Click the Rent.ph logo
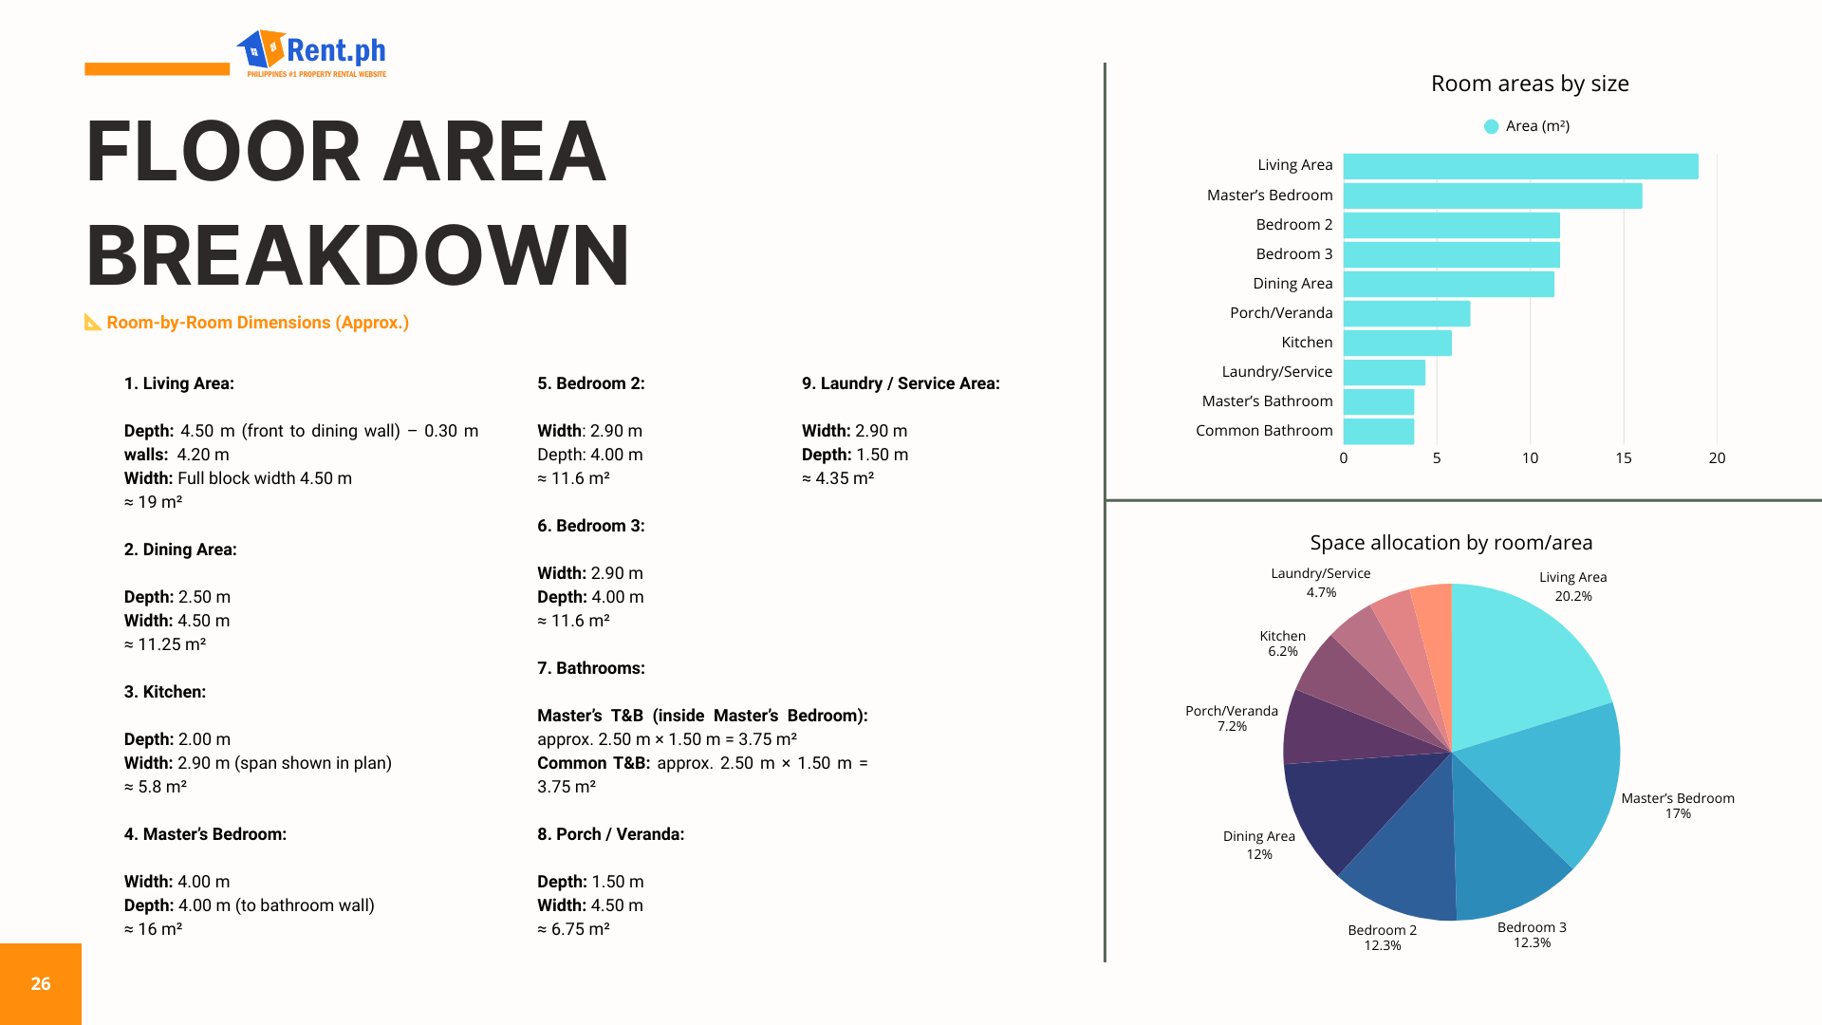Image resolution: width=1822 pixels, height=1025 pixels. [x=313, y=53]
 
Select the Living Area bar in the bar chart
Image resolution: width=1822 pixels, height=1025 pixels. [x=1520, y=166]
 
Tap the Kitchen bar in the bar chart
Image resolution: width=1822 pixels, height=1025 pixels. [x=1397, y=343]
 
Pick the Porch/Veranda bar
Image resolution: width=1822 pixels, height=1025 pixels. [x=1406, y=313]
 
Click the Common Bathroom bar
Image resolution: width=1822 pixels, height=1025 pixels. [x=1378, y=431]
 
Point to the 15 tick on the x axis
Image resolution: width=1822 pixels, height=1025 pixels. [x=1623, y=458]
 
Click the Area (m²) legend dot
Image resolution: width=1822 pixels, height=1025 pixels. [x=1491, y=126]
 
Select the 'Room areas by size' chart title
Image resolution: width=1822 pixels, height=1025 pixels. [x=1530, y=84]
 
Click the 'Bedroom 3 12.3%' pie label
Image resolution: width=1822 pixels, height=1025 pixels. [x=1532, y=935]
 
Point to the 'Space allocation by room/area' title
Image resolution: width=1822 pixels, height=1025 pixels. [x=1451, y=543]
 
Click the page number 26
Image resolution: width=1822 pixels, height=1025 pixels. [x=41, y=984]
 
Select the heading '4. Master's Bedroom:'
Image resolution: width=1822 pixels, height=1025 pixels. [x=205, y=834]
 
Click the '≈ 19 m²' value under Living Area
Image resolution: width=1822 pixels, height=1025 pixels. [x=153, y=502]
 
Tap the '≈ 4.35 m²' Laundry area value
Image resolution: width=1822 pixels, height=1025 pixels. [x=838, y=478]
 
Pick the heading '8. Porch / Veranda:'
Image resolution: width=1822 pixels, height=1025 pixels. [x=610, y=834]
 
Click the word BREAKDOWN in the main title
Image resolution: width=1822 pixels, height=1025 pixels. [x=358, y=256]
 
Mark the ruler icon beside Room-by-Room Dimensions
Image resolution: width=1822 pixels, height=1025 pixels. [x=93, y=323]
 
